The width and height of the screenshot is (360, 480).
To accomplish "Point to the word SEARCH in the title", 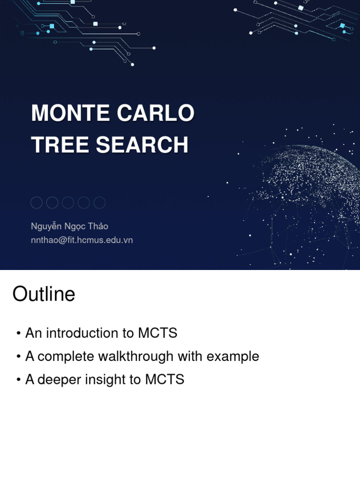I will click(x=142, y=145).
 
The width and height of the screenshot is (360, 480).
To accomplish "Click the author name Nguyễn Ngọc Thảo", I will click(x=69, y=226).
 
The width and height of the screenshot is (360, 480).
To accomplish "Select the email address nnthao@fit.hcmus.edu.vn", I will click(x=82, y=240).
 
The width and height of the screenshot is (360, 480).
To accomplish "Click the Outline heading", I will click(x=44, y=294).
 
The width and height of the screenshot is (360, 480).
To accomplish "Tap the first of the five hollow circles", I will click(x=37, y=202).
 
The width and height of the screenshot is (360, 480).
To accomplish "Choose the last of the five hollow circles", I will click(x=99, y=202).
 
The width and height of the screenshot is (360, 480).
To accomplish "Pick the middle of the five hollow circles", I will click(x=68, y=202).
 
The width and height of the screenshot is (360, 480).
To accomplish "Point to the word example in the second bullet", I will click(x=233, y=356).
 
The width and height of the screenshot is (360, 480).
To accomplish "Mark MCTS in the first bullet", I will click(x=157, y=333).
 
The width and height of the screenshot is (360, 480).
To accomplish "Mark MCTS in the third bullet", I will click(x=165, y=379).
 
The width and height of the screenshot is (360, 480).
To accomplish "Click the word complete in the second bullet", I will click(x=66, y=356).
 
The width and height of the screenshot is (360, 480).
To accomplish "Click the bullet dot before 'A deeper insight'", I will click(x=18, y=380).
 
